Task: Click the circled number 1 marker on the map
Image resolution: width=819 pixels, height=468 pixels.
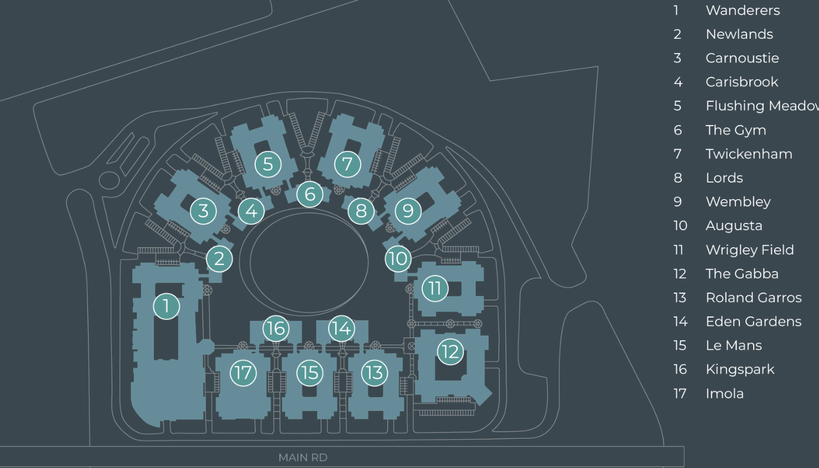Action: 166,306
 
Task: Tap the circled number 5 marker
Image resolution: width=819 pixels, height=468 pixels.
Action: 268,164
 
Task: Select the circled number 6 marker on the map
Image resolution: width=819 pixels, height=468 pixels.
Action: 310,194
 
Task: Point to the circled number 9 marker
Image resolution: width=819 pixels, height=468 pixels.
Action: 408,211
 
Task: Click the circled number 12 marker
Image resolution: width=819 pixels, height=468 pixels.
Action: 450,351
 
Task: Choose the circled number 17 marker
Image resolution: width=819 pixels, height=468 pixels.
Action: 243,373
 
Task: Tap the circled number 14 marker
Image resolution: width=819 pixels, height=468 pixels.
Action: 341,329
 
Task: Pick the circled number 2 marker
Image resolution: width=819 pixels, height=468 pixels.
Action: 219,258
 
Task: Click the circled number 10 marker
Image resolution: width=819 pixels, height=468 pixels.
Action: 398,258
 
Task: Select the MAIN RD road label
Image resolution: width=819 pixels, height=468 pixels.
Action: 303,457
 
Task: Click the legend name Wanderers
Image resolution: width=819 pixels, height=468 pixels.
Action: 743,11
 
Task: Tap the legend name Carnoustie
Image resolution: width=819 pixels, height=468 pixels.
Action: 742,58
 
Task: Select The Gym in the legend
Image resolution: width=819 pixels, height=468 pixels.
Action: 735,130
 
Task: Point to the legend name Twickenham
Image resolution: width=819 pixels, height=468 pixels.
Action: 749,154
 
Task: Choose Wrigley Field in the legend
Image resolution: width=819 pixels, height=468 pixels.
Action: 749,250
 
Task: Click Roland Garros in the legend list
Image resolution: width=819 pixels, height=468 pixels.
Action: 753,298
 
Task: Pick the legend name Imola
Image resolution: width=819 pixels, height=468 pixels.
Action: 724,393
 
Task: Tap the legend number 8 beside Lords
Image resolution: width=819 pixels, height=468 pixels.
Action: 678,178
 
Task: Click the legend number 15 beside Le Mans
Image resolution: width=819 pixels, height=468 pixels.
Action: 680,346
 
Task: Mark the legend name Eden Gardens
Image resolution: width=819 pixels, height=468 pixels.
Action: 753,321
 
